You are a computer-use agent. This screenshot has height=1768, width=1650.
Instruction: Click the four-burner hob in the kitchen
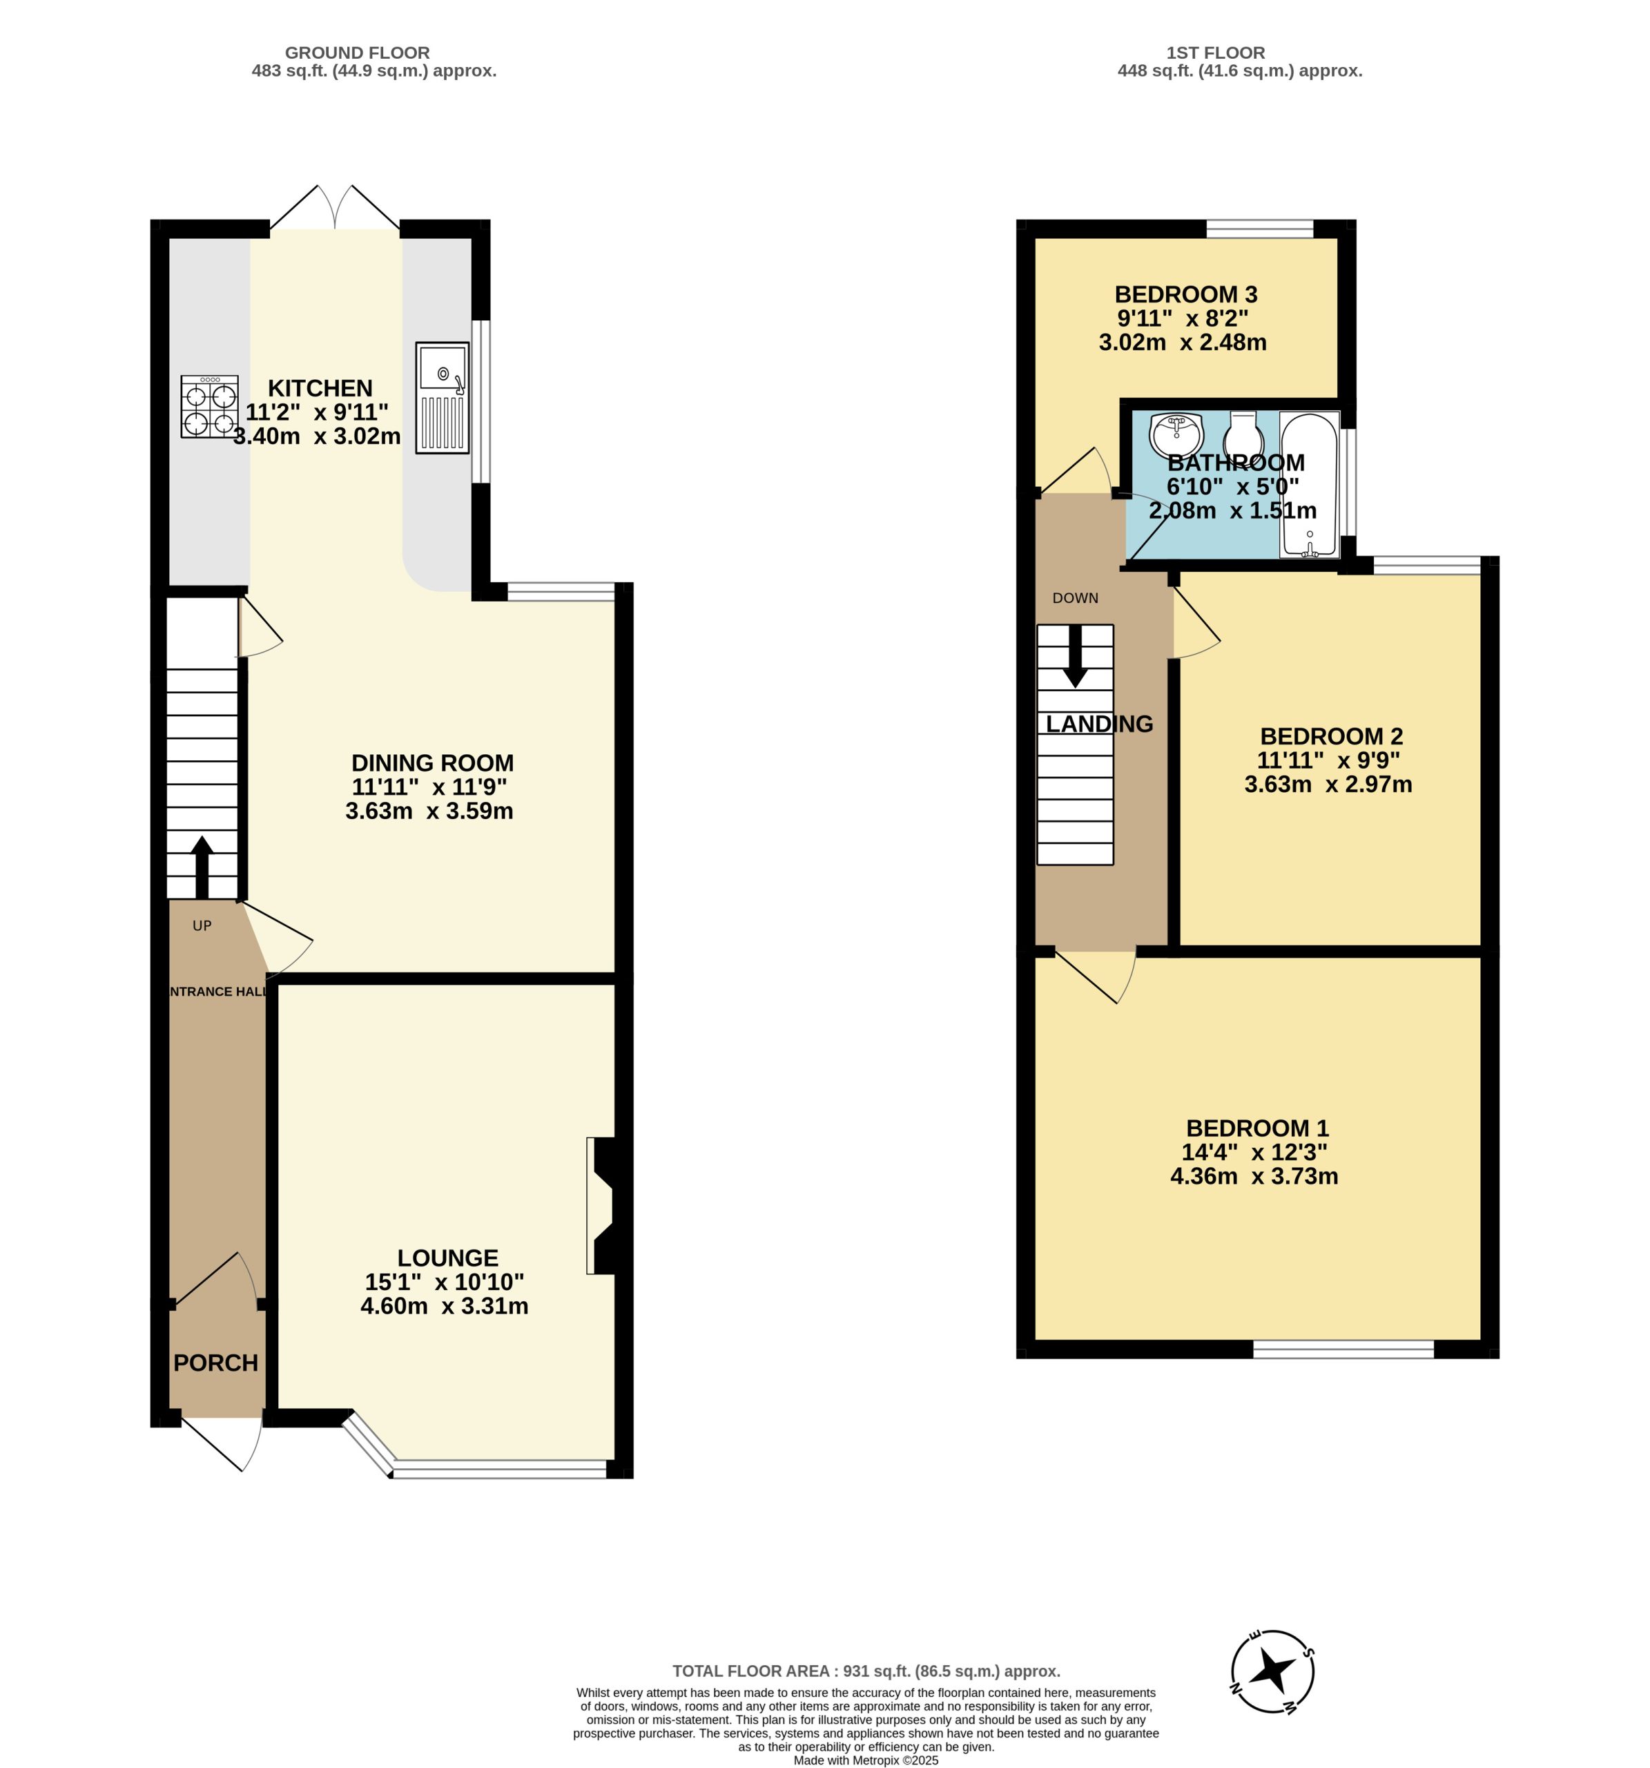click(x=210, y=406)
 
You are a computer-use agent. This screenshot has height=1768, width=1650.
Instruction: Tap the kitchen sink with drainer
click(x=442, y=398)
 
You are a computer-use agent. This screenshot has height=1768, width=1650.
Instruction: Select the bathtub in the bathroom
click(x=1310, y=485)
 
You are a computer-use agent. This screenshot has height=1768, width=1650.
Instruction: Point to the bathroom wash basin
click(x=1176, y=434)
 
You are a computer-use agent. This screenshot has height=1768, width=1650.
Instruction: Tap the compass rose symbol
click(x=1272, y=1672)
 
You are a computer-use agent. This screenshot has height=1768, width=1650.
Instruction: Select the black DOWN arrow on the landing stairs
click(x=1075, y=656)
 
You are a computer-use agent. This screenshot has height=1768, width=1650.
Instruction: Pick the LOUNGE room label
click(x=447, y=1258)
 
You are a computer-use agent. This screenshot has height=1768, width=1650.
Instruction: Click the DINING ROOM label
click(x=432, y=762)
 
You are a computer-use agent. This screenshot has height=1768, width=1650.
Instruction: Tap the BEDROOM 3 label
click(x=1186, y=294)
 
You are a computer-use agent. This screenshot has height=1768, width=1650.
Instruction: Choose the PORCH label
click(x=216, y=1363)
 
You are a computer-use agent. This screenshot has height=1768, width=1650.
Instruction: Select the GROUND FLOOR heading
click(x=358, y=52)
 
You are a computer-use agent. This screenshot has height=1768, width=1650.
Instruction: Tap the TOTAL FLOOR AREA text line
click(x=867, y=1671)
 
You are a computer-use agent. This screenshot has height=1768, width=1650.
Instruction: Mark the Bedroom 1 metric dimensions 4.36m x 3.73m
click(x=1254, y=1175)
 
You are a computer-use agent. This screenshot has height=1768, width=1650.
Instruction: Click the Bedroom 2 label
click(x=1331, y=736)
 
